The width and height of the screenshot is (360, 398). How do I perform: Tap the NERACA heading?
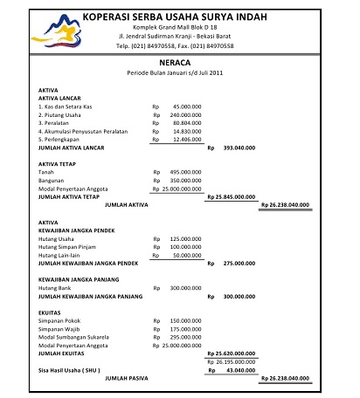pos(176,64)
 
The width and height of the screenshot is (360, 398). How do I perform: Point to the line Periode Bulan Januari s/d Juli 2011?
pos(176,74)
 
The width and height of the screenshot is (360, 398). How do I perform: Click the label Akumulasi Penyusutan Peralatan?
pos(84,131)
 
